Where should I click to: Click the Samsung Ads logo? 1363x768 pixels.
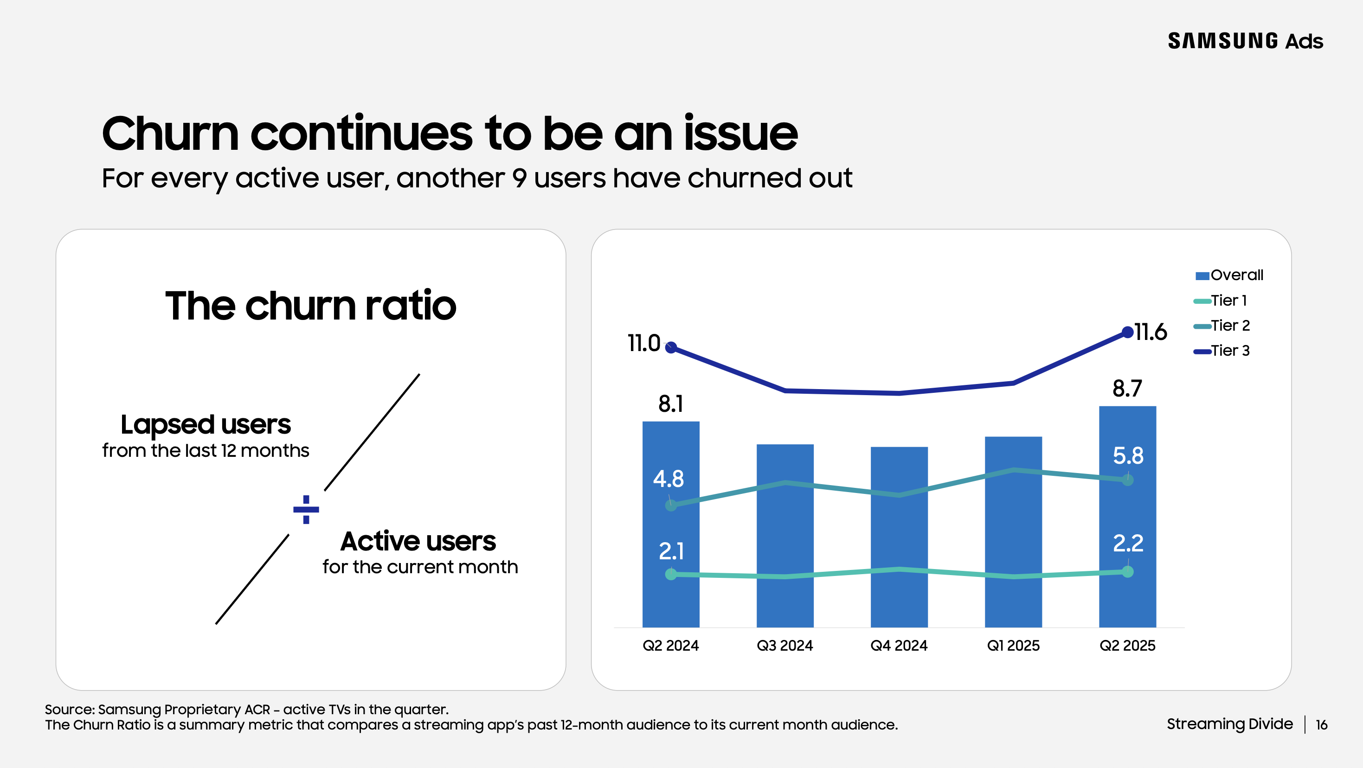click(1245, 41)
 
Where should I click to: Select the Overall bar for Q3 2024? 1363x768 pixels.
click(784, 534)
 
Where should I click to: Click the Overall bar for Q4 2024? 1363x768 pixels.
click(899, 537)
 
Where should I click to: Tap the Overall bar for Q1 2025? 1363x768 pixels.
click(1013, 531)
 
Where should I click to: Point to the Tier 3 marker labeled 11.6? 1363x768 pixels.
click(1127, 333)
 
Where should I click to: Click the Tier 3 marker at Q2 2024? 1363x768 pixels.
click(671, 347)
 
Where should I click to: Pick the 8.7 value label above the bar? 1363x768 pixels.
click(1127, 389)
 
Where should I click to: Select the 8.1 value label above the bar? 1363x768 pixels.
click(670, 404)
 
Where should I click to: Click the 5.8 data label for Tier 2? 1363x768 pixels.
click(1127, 455)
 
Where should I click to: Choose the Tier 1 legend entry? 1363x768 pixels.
click(1221, 301)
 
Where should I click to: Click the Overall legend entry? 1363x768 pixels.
click(1229, 275)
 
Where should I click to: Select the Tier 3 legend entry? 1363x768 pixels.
click(1222, 351)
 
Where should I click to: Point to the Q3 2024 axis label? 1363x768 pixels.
click(784, 645)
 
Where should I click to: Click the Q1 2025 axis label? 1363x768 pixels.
click(1013, 645)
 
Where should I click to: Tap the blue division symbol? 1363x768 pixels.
click(306, 509)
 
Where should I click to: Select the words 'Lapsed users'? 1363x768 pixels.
click(206, 425)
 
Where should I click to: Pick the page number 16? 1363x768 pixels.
click(1321, 724)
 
